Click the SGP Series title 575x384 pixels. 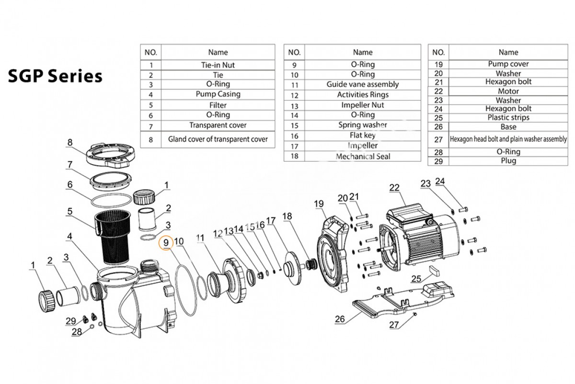pos(55,76)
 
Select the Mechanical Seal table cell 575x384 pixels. pos(363,156)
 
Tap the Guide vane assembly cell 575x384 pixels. pos(363,84)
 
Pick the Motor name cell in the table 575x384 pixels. pos(508,91)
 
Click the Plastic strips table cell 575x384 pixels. pos(508,118)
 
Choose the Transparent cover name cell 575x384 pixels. pos(218,125)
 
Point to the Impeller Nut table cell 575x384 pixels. pos(363,105)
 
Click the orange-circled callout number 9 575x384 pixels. pos(166,243)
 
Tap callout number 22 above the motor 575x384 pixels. pos(394,188)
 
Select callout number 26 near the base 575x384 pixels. pos(340,319)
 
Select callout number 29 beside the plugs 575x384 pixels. pos(70,321)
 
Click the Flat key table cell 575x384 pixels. pos(363,135)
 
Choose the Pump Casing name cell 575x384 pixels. pos(218,94)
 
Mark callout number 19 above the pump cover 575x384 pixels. pos(319,204)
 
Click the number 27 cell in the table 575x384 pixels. pos(438,139)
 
